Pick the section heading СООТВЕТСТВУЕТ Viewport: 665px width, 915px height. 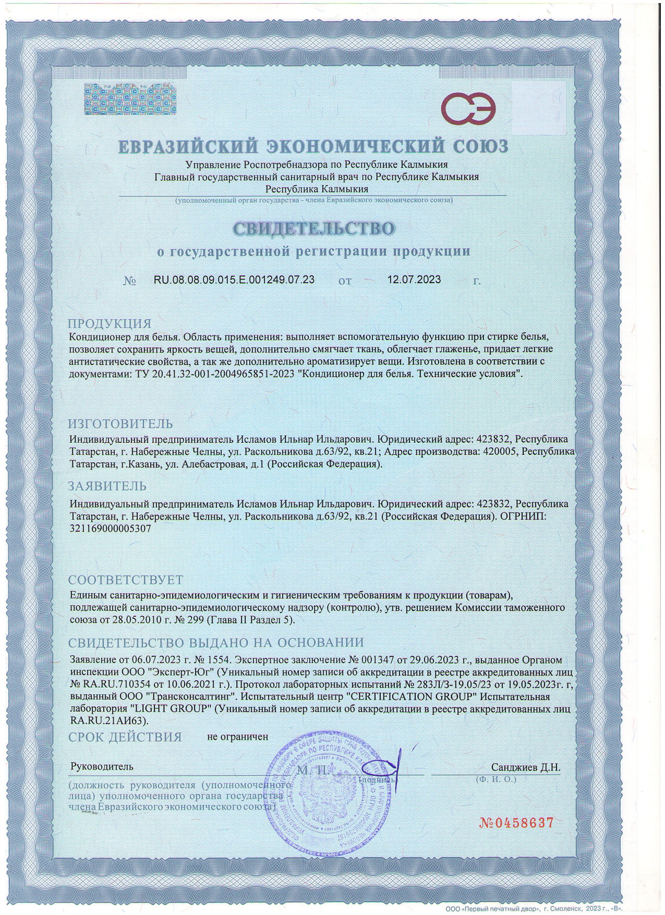[125, 580]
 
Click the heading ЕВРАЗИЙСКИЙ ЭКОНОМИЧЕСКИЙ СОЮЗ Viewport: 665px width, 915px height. [313, 147]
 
